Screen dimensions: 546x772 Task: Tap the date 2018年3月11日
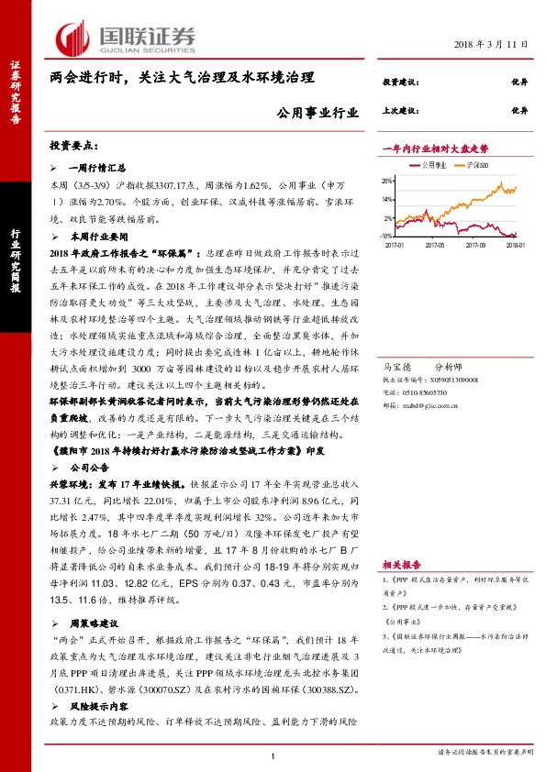[492, 44]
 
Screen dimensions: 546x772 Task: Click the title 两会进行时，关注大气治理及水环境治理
[182, 80]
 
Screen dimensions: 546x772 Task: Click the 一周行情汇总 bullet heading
[96, 168]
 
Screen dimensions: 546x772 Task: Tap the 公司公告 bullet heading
[90, 466]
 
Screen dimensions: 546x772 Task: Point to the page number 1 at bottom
[273, 755]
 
